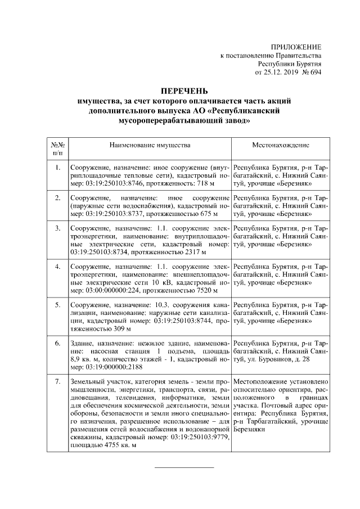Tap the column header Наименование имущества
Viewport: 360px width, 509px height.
[149, 145]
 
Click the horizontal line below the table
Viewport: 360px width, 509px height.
[184, 467]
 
